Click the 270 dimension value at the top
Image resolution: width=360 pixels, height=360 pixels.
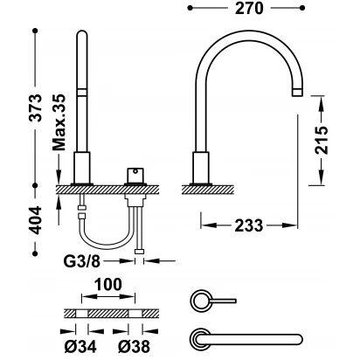click(249, 8)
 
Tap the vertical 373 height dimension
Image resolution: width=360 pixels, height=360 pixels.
click(37, 107)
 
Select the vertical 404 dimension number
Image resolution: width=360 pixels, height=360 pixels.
click(37, 220)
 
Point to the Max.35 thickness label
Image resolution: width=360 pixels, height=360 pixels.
click(59, 122)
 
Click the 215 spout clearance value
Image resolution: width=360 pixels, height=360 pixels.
click(322, 140)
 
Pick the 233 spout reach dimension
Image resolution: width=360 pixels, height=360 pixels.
click(249, 225)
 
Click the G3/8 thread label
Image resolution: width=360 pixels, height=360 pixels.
click(82, 261)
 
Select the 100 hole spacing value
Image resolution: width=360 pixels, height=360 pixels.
click(108, 284)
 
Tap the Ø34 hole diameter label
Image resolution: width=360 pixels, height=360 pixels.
click(80, 347)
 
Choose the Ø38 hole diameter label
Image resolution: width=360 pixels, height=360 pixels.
click(135, 347)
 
